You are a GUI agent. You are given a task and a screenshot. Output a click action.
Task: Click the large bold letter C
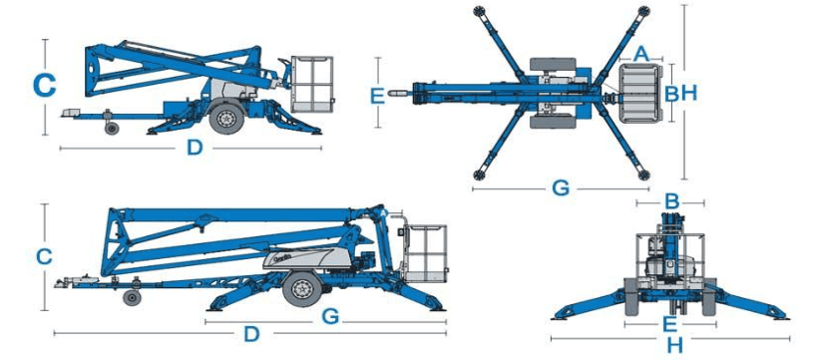[44, 86]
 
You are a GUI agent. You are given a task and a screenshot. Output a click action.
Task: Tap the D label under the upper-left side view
[195, 149]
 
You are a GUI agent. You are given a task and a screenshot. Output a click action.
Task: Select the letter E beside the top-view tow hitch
[378, 97]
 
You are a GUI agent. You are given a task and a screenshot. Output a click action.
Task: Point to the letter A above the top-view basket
[641, 54]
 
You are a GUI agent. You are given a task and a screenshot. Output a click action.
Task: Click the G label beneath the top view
[561, 188]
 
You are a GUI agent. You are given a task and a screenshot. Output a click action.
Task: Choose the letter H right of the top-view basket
[689, 93]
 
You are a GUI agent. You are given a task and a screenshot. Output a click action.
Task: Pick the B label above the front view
[671, 201]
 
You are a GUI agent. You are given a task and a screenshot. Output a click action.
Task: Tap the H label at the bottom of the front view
[675, 344]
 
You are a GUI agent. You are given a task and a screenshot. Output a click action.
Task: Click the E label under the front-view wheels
[670, 324]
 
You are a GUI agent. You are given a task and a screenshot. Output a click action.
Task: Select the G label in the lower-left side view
[330, 316]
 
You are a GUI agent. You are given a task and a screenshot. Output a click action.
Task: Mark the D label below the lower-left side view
[251, 334]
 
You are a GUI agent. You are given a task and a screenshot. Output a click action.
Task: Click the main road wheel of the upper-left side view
[226, 118]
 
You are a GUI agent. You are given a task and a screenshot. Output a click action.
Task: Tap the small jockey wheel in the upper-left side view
[112, 128]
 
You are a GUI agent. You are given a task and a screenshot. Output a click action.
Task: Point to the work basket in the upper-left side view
[311, 85]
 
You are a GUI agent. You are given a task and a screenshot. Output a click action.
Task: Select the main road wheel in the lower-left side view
[302, 289]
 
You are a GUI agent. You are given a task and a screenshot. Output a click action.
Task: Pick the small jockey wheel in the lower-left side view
[132, 298]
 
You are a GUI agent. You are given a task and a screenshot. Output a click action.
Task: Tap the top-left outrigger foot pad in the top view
[479, 10]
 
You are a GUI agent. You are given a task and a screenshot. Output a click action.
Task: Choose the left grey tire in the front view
[631, 296]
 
